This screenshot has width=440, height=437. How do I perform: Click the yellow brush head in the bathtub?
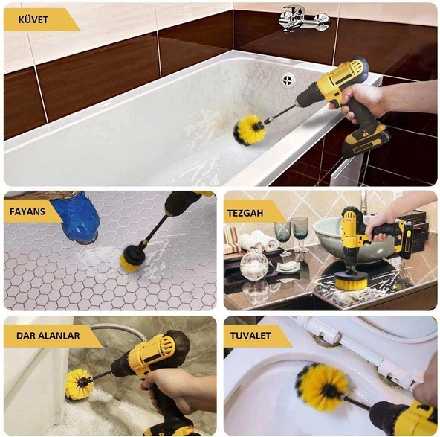click(248, 130)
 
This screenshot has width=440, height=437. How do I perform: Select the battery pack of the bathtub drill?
click(364, 139)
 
